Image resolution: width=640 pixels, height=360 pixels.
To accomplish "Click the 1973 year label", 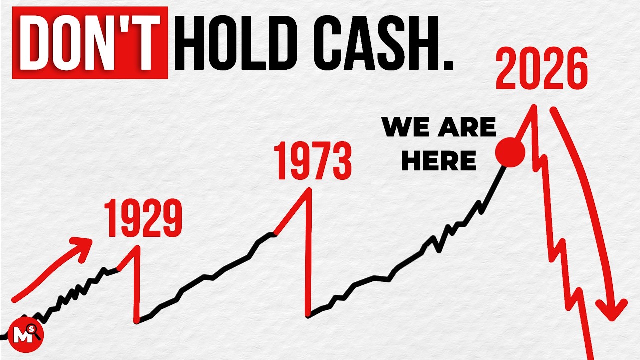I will (314, 161).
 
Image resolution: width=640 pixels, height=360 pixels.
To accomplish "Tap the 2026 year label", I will (541, 70).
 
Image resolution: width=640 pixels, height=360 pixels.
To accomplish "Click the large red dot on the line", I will (510, 152).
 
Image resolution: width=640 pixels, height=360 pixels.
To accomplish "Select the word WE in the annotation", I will (404, 128).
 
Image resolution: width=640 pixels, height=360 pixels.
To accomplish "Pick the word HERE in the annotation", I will (439, 161).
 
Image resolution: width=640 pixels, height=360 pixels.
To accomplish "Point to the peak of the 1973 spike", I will (310, 189).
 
